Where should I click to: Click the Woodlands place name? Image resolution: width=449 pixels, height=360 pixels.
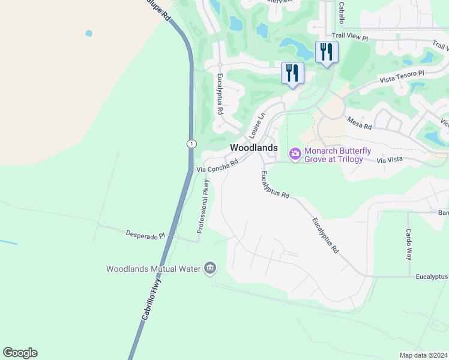pyautogui.click(x=254, y=148)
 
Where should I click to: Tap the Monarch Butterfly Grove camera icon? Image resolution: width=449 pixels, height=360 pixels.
pyautogui.click(x=295, y=154)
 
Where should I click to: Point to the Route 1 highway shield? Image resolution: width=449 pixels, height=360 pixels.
pyautogui.click(x=191, y=144)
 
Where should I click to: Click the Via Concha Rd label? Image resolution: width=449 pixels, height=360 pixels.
pyautogui.click(x=218, y=166)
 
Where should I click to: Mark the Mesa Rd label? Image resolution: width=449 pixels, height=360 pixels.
pyautogui.click(x=360, y=124)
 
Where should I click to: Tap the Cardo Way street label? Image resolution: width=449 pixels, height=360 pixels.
pyautogui.click(x=408, y=244)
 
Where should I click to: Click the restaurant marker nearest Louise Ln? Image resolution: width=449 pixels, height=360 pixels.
pyautogui.click(x=292, y=74)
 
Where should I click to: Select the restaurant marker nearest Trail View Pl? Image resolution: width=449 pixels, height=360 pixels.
pyautogui.click(x=327, y=52)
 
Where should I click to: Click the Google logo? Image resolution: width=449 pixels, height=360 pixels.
pyautogui.click(x=20, y=352)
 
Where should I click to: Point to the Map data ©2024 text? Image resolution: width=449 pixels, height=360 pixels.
pyautogui.click(x=423, y=355)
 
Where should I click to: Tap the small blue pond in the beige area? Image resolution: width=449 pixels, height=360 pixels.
pyautogui.click(x=89, y=33)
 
